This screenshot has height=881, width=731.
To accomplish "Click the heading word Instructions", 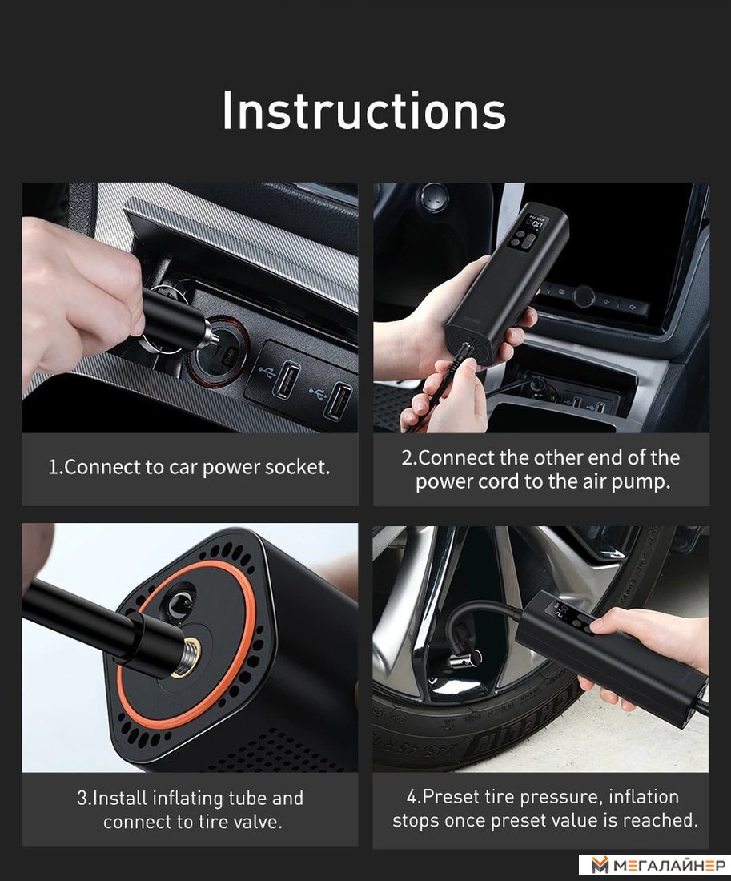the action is point(364,111).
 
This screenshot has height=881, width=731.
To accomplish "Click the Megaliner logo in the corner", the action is point(655,866).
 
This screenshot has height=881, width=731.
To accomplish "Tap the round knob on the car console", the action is point(584,296).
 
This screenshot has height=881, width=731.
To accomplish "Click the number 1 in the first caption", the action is point(53,467).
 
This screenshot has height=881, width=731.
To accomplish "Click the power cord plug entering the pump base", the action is point(464,356).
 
